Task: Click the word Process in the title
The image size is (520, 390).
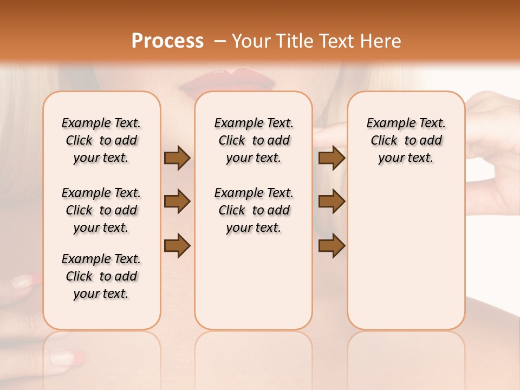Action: click(x=167, y=41)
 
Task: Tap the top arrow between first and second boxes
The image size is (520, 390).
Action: click(x=177, y=158)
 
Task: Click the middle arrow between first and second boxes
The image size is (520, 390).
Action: click(x=177, y=201)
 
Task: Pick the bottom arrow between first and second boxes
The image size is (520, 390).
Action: click(x=177, y=245)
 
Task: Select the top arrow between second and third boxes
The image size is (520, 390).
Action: click(x=331, y=158)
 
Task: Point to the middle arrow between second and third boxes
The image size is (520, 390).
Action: click(x=331, y=201)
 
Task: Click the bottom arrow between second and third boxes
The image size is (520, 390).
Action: click(x=331, y=245)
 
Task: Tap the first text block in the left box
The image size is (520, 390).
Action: click(x=101, y=140)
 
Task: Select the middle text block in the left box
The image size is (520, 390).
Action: click(x=101, y=210)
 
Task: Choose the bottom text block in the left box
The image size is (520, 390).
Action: click(x=101, y=276)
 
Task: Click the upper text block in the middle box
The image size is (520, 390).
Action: click(x=253, y=140)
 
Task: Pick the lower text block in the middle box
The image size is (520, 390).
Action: click(x=253, y=210)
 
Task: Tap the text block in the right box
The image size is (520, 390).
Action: click(x=406, y=140)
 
